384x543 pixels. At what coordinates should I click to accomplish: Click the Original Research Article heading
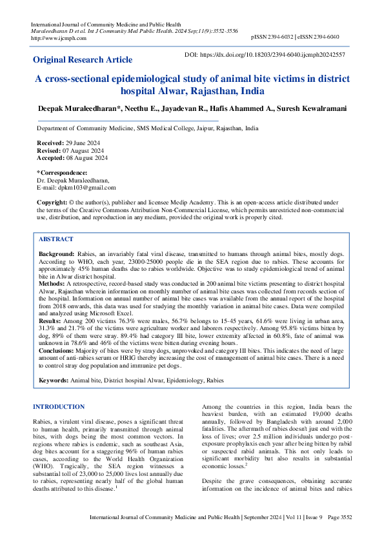(83, 59)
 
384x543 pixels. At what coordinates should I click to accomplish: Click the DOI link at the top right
(274, 55)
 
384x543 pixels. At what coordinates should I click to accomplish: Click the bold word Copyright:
(52, 202)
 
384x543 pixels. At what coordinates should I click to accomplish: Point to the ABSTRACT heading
(56, 239)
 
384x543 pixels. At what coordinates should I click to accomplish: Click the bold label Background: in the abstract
(57, 255)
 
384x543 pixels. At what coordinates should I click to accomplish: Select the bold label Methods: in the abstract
(52, 282)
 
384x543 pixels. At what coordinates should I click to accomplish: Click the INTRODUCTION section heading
(59, 407)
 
